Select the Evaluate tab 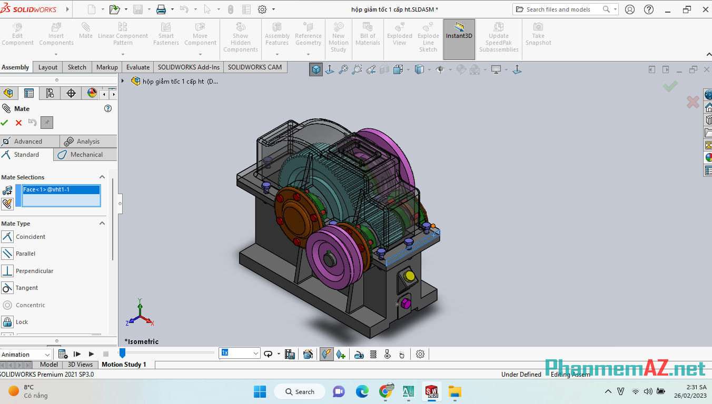pos(137,67)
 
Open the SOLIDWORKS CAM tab pos(254,67)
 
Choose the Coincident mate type pos(30,237)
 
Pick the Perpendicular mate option pos(34,271)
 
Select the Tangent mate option pos(27,288)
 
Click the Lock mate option pos(22,322)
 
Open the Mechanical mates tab pos(86,155)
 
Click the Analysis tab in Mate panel pos(87,142)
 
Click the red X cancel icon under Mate pos(18,123)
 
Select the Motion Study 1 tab pos(124,365)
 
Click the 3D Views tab pos(80,365)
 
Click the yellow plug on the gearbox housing pos(409,276)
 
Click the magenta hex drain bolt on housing pos(405,304)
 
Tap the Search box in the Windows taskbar pos(300,392)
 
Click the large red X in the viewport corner pos(693,102)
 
